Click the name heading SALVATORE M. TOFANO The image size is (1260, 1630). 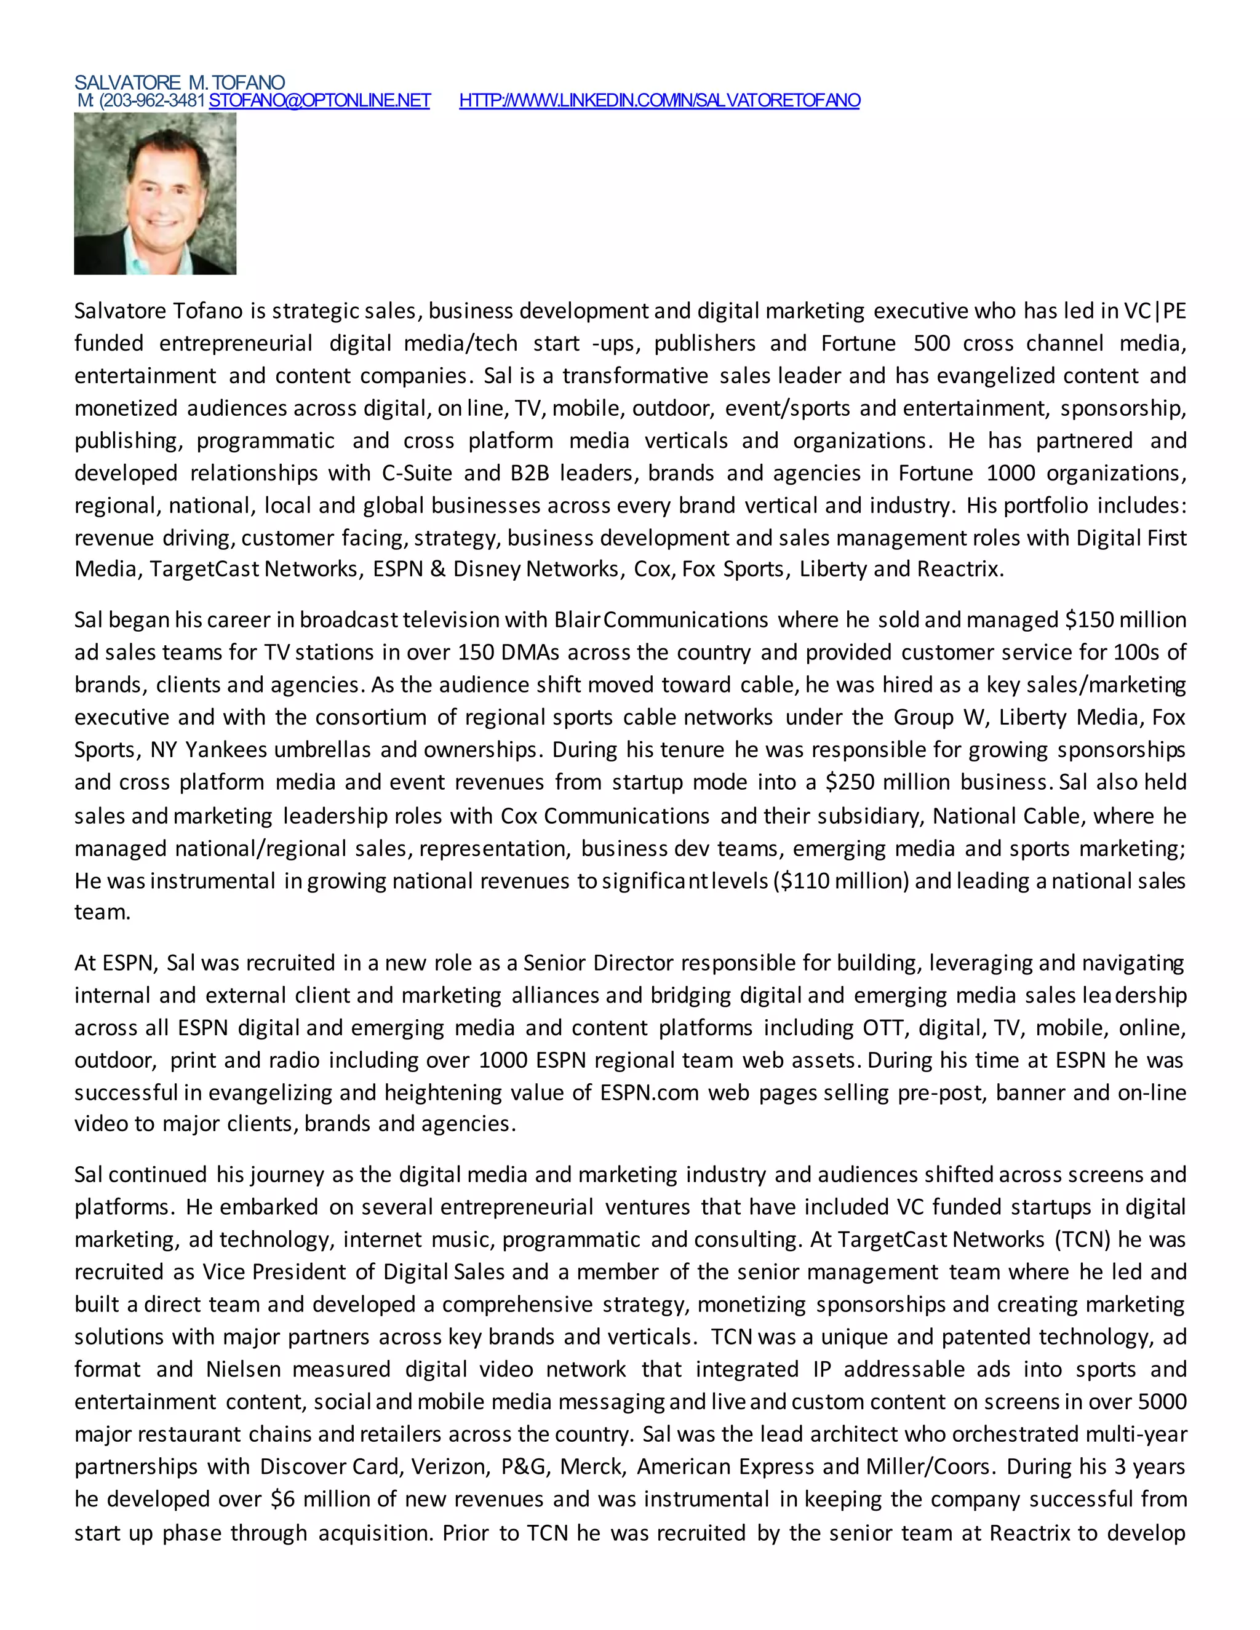pos(179,82)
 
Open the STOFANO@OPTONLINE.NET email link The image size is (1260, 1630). pos(319,101)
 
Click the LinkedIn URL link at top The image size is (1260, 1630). pos(659,101)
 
